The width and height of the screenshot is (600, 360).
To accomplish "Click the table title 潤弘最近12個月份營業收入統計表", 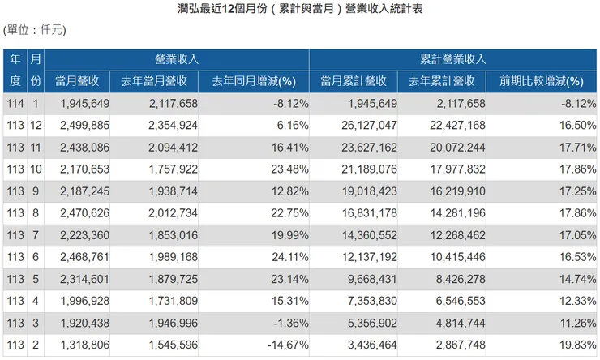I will (x=299, y=9).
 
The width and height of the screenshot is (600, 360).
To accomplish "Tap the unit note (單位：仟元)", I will (x=35, y=30).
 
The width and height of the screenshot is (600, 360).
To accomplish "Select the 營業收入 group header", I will (x=177, y=59).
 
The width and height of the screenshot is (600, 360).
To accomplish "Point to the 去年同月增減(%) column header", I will (x=253, y=81).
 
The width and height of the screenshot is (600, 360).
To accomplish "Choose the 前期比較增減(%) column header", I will (x=542, y=81).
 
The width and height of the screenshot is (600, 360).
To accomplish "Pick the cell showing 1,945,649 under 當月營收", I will (x=85, y=104).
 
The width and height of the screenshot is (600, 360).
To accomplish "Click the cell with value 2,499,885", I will (x=85, y=126).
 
